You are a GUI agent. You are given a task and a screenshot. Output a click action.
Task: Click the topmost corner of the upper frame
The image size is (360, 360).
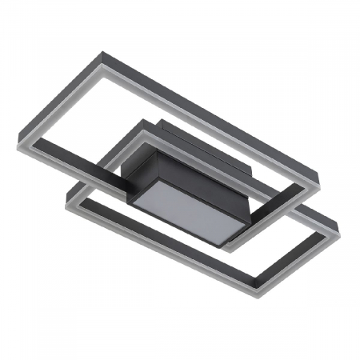click(102, 54)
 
